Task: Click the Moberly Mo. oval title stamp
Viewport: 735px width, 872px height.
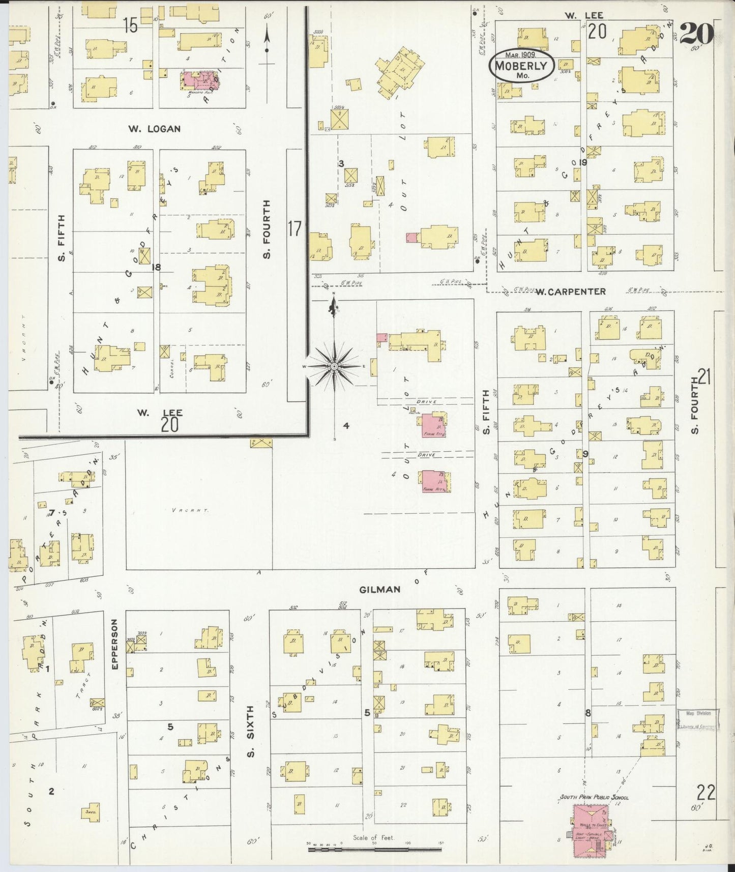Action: (x=521, y=65)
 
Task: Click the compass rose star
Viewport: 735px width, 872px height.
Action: (x=334, y=366)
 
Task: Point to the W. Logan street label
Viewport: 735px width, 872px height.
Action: (x=154, y=129)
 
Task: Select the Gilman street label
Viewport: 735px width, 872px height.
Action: (x=379, y=589)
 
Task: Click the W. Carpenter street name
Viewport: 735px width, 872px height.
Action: (x=571, y=292)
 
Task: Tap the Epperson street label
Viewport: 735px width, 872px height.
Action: (x=114, y=644)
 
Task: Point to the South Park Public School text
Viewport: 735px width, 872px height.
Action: (x=594, y=797)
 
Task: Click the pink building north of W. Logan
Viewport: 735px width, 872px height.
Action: (x=195, y=80)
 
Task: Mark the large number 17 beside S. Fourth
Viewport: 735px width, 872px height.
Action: (x=295, y=228)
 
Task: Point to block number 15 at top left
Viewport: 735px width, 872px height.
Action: (x=131, y=24)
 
